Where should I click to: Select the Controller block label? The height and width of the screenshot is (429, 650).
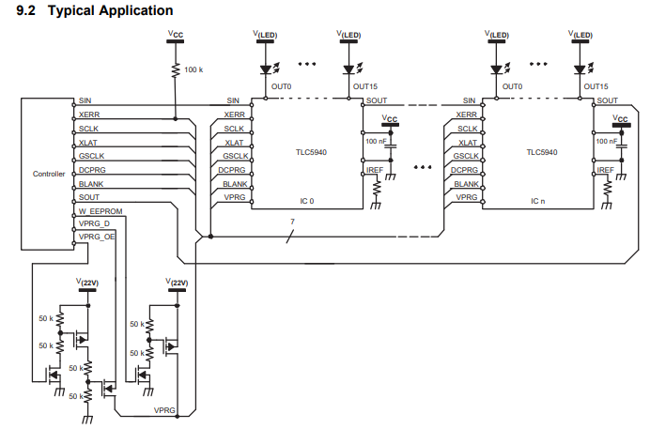tap(49, 175)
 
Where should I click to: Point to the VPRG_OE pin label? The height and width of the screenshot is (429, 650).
tap(97, 237)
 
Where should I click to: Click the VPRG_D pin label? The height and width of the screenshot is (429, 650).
tap(94, 224)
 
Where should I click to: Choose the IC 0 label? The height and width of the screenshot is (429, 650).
tap(307, 202)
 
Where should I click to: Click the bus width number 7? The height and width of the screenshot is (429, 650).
tap(293, 222)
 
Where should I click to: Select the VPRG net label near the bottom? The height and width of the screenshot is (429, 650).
tap(165, 411)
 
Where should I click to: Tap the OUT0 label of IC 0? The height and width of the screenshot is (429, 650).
tap(281, 86)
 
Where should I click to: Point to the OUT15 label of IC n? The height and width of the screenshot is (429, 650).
tap(596, 86)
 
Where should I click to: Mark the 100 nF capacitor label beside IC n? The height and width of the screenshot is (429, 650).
tap(606, 140)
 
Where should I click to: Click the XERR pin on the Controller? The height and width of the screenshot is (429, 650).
tap(89, 114)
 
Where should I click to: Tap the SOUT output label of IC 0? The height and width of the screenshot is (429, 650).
tap(377, 100)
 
